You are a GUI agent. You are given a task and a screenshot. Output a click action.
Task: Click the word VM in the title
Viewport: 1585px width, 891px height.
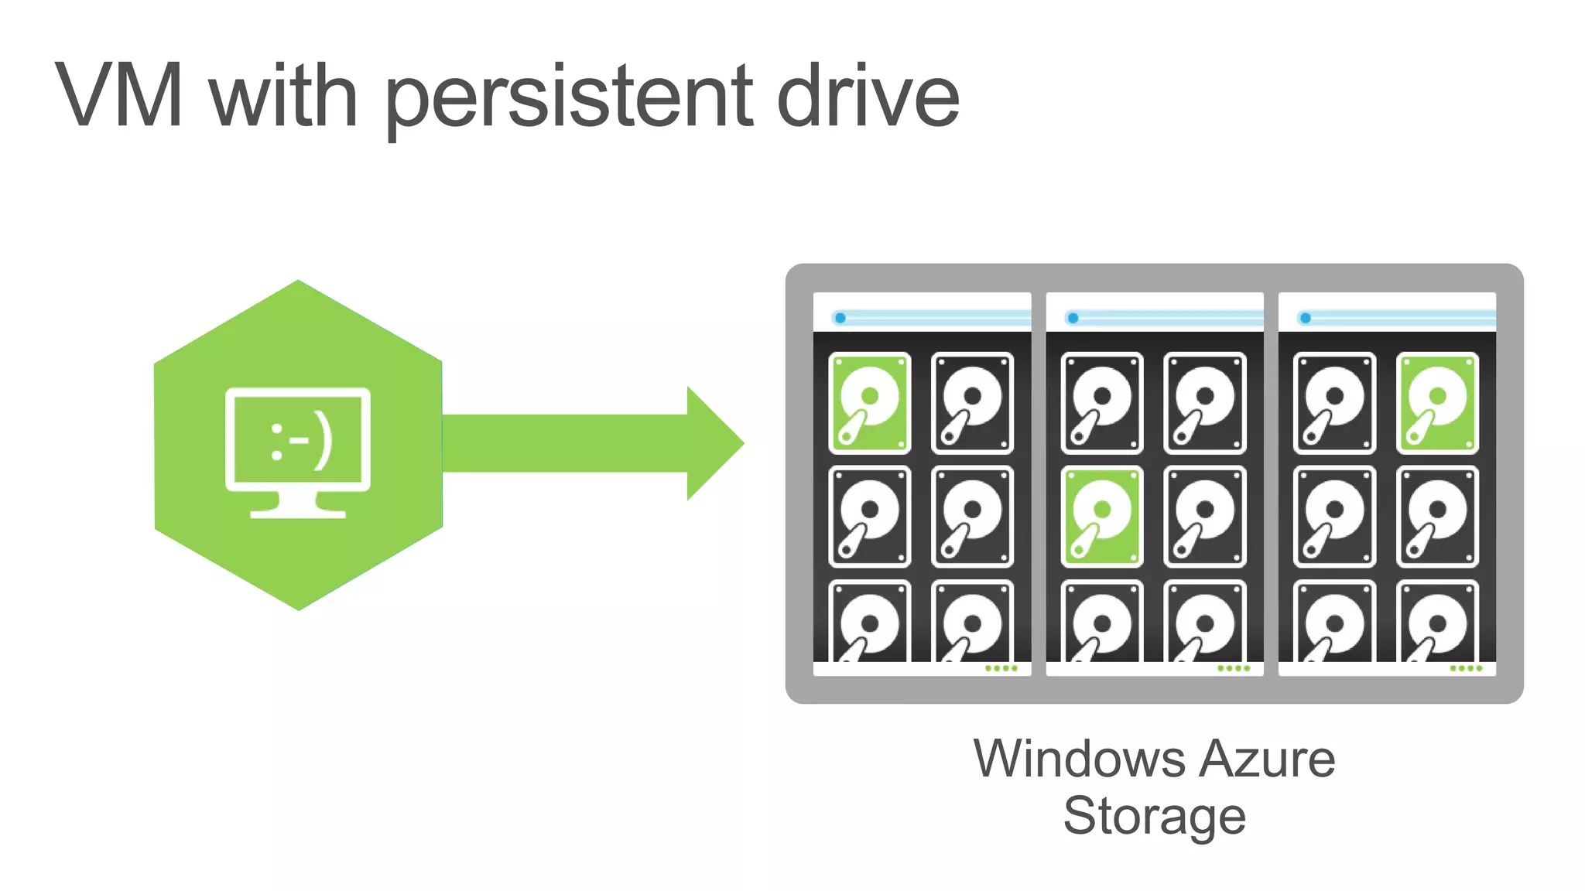[120, 96]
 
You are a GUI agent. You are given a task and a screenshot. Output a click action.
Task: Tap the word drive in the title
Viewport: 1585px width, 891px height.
[867, 96]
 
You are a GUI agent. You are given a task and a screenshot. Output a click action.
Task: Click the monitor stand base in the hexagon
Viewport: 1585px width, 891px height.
[298, 512]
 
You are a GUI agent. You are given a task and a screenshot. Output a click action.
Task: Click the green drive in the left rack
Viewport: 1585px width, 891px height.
[869, 402]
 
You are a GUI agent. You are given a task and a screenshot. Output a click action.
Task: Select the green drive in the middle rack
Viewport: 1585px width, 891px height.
[1102, 516]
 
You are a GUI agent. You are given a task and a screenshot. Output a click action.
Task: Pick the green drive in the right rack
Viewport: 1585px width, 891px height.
[1437, 402]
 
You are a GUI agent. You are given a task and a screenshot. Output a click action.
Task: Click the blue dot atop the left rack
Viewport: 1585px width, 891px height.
[840, 318]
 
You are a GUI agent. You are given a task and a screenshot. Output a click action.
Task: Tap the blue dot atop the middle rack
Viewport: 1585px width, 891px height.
[1073, 318]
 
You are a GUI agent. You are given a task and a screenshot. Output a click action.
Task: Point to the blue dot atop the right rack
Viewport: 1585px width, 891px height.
[1306, 318]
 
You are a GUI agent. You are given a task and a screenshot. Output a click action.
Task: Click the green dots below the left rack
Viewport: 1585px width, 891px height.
[1001, 668]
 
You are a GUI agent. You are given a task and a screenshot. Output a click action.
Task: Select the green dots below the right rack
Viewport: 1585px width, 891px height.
[1466, 668]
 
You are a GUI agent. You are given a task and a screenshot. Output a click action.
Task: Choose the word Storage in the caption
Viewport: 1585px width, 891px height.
[1154, 817]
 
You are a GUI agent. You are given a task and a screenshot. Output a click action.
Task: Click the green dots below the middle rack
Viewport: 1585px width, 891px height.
[1234, 668]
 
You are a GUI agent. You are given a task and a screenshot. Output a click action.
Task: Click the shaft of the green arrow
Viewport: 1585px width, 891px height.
[565, 443]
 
